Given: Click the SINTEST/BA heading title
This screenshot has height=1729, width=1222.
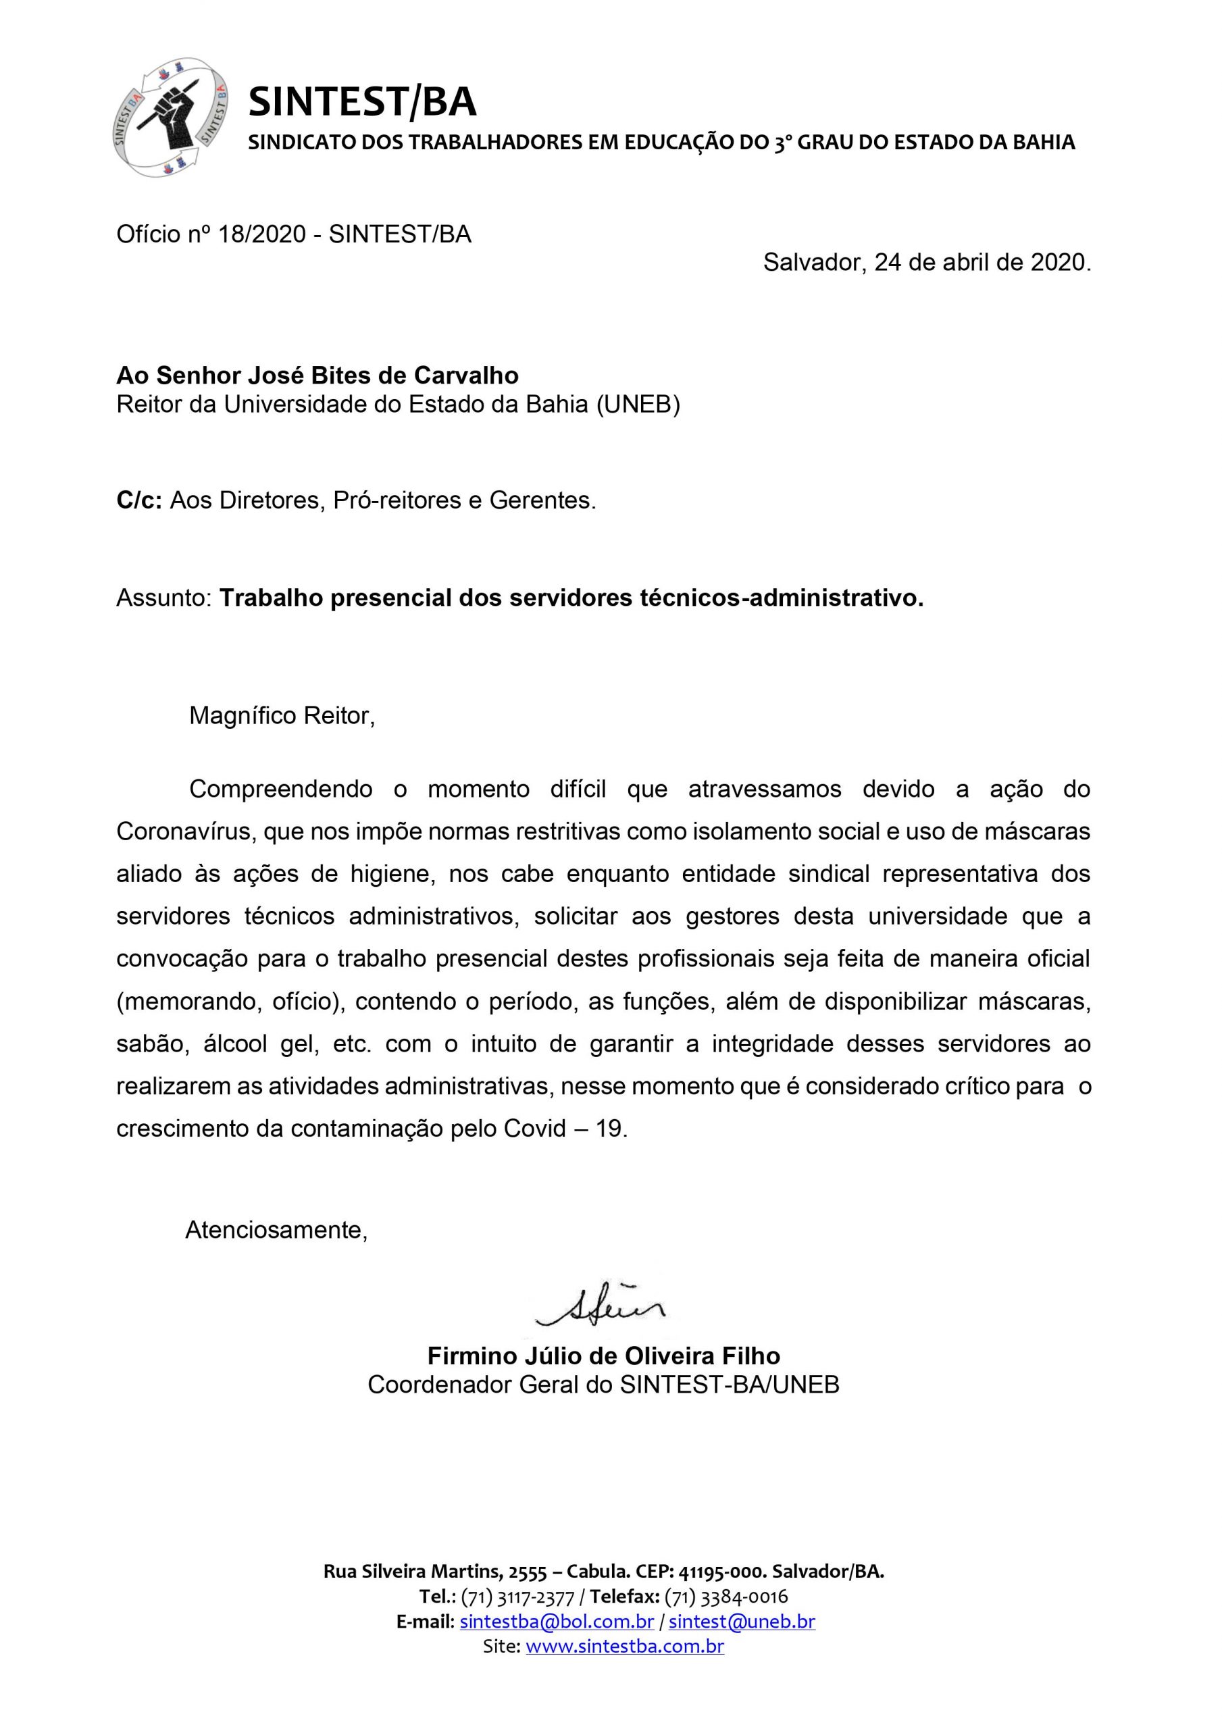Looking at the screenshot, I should coord(362,103).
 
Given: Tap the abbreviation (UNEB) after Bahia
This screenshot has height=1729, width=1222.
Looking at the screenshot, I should coord(638,405).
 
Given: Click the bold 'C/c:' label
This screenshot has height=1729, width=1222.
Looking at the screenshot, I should coord(139,500).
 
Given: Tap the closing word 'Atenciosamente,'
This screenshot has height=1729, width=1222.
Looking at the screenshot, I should coord(276,1231).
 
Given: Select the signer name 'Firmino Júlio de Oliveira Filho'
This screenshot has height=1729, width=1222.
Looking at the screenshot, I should coord(603,1356).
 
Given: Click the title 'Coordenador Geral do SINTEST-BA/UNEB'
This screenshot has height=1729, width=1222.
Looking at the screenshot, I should coord(603,1386).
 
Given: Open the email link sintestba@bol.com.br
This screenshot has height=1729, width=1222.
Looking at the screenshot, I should coord(556,1622).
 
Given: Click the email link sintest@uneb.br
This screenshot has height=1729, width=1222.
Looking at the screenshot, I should coord(741,1622).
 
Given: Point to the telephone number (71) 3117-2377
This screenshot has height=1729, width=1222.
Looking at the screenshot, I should coord(517,1597).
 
